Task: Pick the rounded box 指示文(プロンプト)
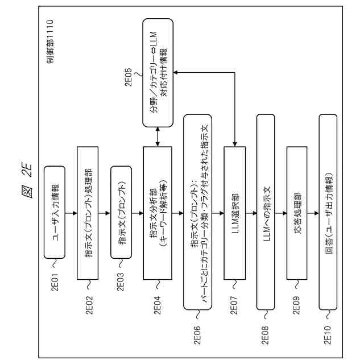[x=122, y=212]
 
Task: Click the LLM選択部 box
[x=234, y=212]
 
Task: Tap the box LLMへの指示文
[x=268, y=212]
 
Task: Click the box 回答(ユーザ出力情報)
[x=330, y=212]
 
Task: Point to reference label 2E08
[x=265, y=329]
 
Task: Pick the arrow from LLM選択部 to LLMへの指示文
[x=251, y=212]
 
